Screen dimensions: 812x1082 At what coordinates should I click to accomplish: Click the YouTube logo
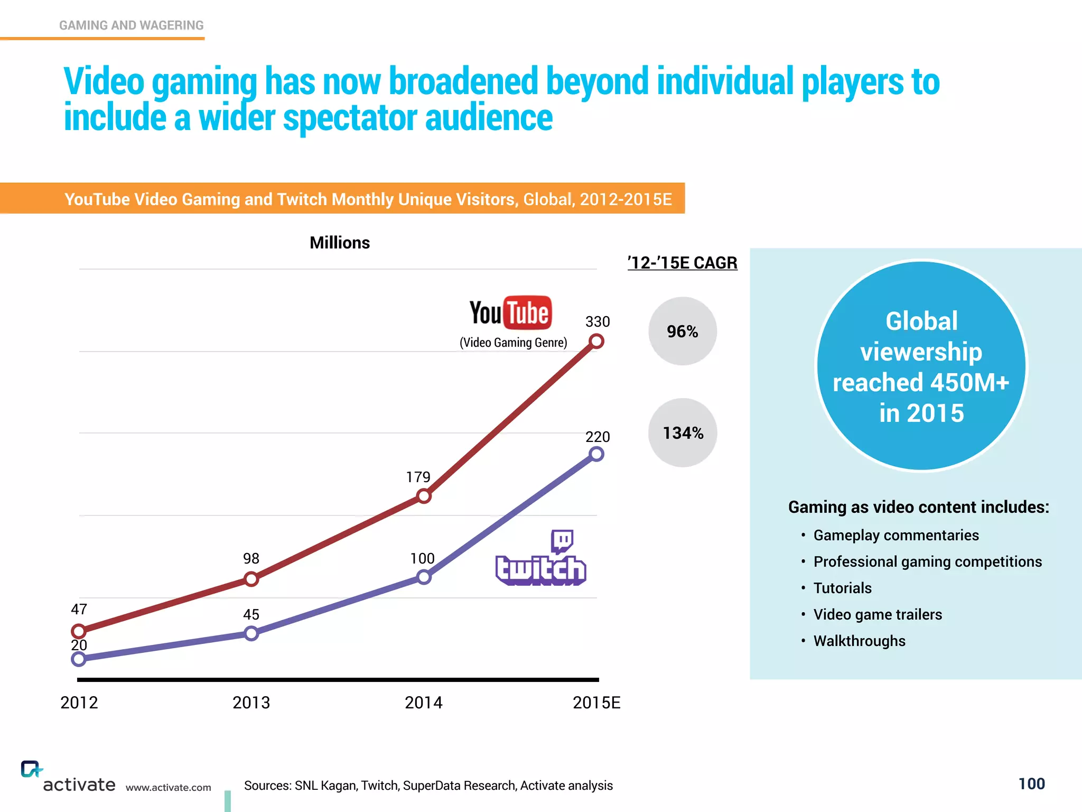pyautogui.click(x=510, y=312)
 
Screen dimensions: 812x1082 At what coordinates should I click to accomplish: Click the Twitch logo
pyautogui.click(x=540, y=560)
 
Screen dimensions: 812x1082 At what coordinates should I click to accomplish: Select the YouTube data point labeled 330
pyautogui.click(x=596, y=342)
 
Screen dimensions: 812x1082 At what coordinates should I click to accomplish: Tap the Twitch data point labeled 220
pyautogui.click(x=596, y=454)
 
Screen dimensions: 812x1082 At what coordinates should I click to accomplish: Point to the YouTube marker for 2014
pyautogui.click(x=424, y=496)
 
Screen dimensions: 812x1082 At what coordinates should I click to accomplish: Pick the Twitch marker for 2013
pyautogui.click(x=251, y=633)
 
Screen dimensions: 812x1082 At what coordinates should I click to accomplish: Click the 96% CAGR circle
pyautogui.click(x=682, y=331)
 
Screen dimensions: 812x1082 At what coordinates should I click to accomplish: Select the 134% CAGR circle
pyautogui.click(x=683, y=433)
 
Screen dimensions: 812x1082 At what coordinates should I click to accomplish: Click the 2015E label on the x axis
pyautogui.click(x=596, y=703)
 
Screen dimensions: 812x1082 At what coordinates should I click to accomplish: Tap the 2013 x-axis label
pyautogui.click(x=251, y=703)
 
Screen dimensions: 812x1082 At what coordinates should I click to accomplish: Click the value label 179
pyautogui.click(x=418, y=477)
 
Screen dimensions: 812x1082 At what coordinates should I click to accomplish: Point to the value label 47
pyautogui.click(x=79, y=609)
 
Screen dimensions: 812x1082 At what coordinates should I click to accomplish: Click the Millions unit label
pyautogui.click(x=340, y=243)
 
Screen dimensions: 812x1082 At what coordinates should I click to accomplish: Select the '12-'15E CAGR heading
pyautogui.click(x=682, y=263)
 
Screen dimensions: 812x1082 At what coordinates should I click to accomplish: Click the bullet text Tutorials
pyautogui.click(x=842, y=588)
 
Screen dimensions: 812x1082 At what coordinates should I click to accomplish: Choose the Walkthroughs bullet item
pyautogui.click(x=859, y=641)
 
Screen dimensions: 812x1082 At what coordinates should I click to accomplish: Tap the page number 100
pyautogui.click(x=1031, y=783)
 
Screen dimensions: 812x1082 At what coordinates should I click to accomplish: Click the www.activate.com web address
pyautogui.click(x=168, y=787)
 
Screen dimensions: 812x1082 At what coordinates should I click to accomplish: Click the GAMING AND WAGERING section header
pyautogui.click(x=131, y=25)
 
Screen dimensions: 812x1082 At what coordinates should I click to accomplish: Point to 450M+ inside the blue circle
pyautogui.click(x=969, y=383)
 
